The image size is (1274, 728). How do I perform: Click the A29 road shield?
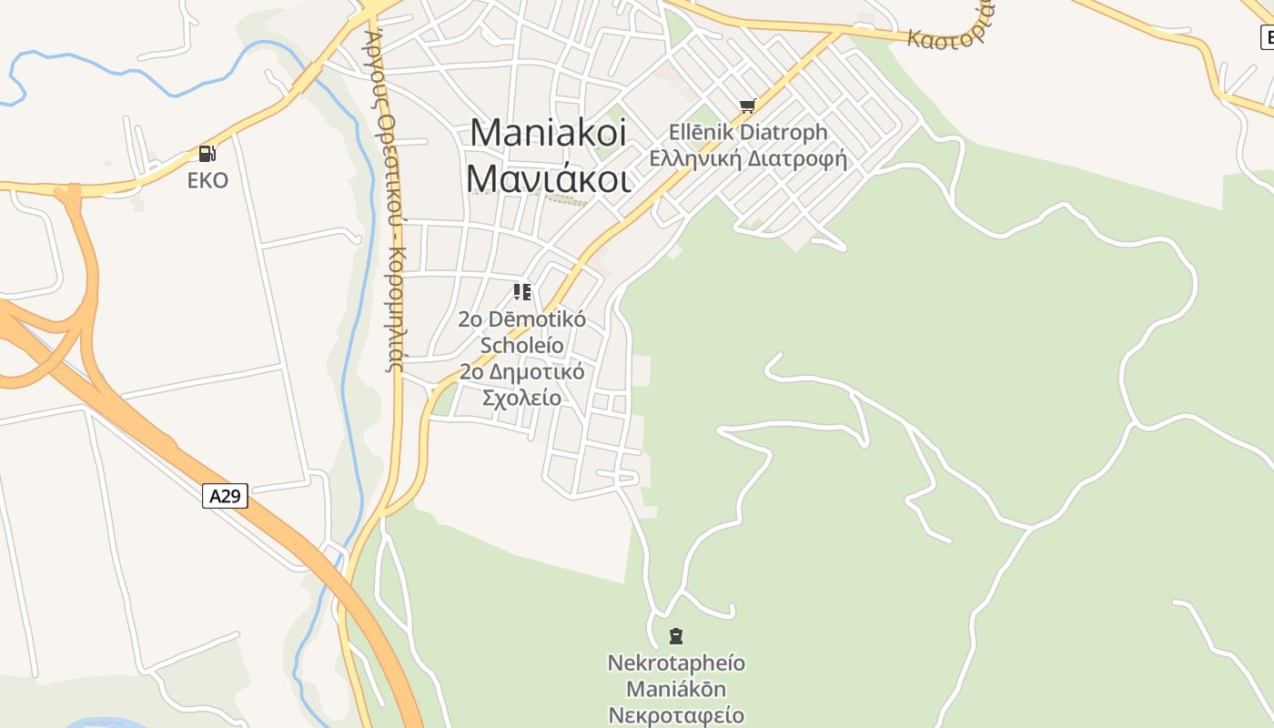[225, 496]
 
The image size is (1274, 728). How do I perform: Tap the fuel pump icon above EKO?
[207, 154]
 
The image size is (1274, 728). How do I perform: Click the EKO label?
[207, 180]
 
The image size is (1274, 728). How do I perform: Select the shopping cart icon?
[747, 106]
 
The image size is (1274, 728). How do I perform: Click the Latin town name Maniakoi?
[548, 134]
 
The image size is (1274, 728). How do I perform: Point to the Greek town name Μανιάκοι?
[548, 177]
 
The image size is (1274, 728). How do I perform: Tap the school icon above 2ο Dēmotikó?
[522, 292]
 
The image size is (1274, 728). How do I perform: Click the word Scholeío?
[522, 346]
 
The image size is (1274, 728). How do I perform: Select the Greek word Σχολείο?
[522, 398]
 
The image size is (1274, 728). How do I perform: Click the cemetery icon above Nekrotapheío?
[676, 635]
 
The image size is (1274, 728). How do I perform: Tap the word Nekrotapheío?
[676, 662]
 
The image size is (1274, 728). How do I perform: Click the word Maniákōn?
[676, 688]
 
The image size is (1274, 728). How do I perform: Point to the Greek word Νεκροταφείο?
[676, 714]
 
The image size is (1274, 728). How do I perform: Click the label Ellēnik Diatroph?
[748, 133]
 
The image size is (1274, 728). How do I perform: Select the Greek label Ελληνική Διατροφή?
[748, 159]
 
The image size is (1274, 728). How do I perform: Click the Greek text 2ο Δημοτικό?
[522, 372]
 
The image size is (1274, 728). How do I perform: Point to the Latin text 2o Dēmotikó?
[522, 319]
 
